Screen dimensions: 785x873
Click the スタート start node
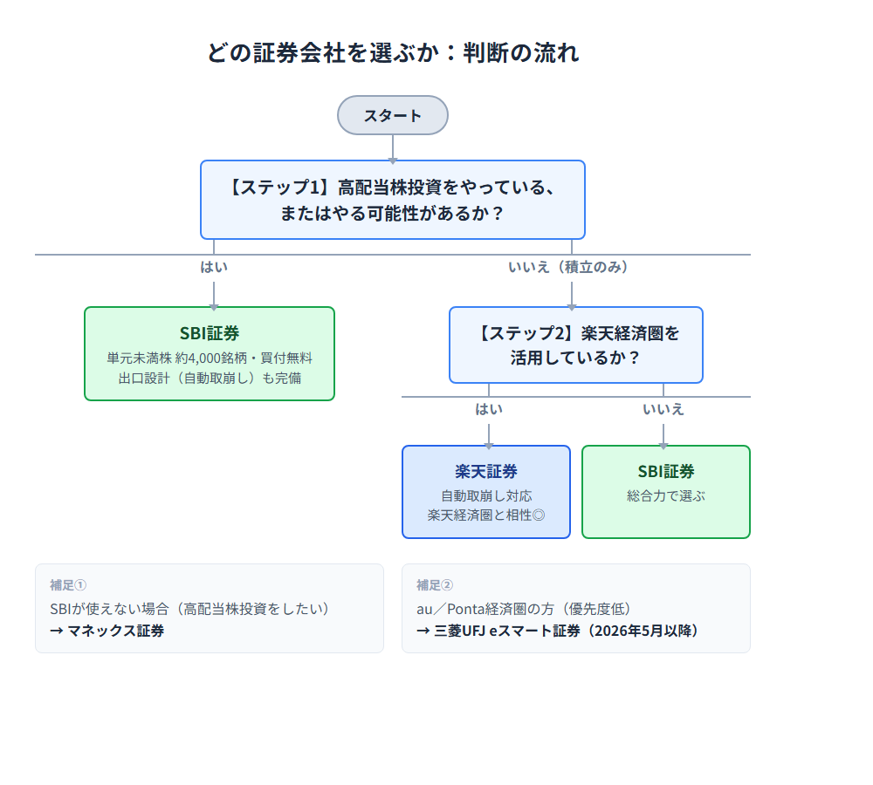point(393,115)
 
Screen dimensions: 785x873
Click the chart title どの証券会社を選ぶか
point(393,52)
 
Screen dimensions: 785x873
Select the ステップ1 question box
point(393,200)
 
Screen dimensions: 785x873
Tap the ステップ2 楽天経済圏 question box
point(576,345)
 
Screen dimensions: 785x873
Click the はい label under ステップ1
point(214,267)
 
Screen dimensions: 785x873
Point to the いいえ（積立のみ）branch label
point(568,267)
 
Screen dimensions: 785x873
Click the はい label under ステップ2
point(489,409)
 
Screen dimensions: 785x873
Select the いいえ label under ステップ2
point(663,409)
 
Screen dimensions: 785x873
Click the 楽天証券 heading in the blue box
point(486,471)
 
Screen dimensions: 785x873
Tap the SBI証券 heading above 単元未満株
point(210,333)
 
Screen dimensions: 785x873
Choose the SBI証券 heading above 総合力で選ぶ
point(666,471)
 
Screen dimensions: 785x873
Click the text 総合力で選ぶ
point(666,495)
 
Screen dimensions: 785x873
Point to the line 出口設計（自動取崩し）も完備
point(210,379)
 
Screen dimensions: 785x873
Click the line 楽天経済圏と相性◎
point(486,515)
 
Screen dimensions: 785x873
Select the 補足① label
point(68,585)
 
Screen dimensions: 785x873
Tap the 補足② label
point(435,585)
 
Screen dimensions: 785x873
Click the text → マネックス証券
point(107,630)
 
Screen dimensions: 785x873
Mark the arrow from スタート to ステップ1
point(393,148)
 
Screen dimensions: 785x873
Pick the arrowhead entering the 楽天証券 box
point(489,442)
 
